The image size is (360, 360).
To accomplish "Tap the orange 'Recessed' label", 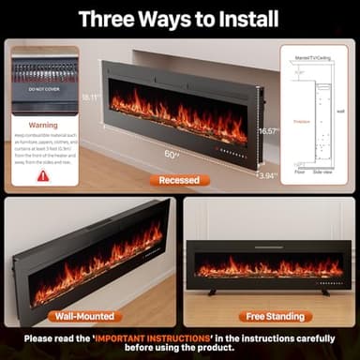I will (x=178, y=180).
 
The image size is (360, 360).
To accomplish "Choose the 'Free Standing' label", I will (x=275, y=316).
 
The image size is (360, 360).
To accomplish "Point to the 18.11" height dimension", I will (x=91, y=97).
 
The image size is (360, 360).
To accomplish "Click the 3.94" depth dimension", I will (x=266, y=175).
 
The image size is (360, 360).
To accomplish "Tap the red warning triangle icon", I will (x=43, y=175).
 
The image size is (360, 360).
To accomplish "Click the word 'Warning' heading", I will (x=43, y=124).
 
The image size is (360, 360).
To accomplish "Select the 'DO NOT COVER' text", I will (x=43, y=89).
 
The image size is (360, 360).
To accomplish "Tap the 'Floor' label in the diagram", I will (x=300, y=172).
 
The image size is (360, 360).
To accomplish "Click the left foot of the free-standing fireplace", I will (x=211, y=292).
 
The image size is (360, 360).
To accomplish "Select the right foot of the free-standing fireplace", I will (x=324, y=292).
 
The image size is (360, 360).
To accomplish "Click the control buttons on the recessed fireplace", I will (x=230, y=149).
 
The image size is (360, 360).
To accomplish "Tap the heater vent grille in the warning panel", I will (x=43, y=71).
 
